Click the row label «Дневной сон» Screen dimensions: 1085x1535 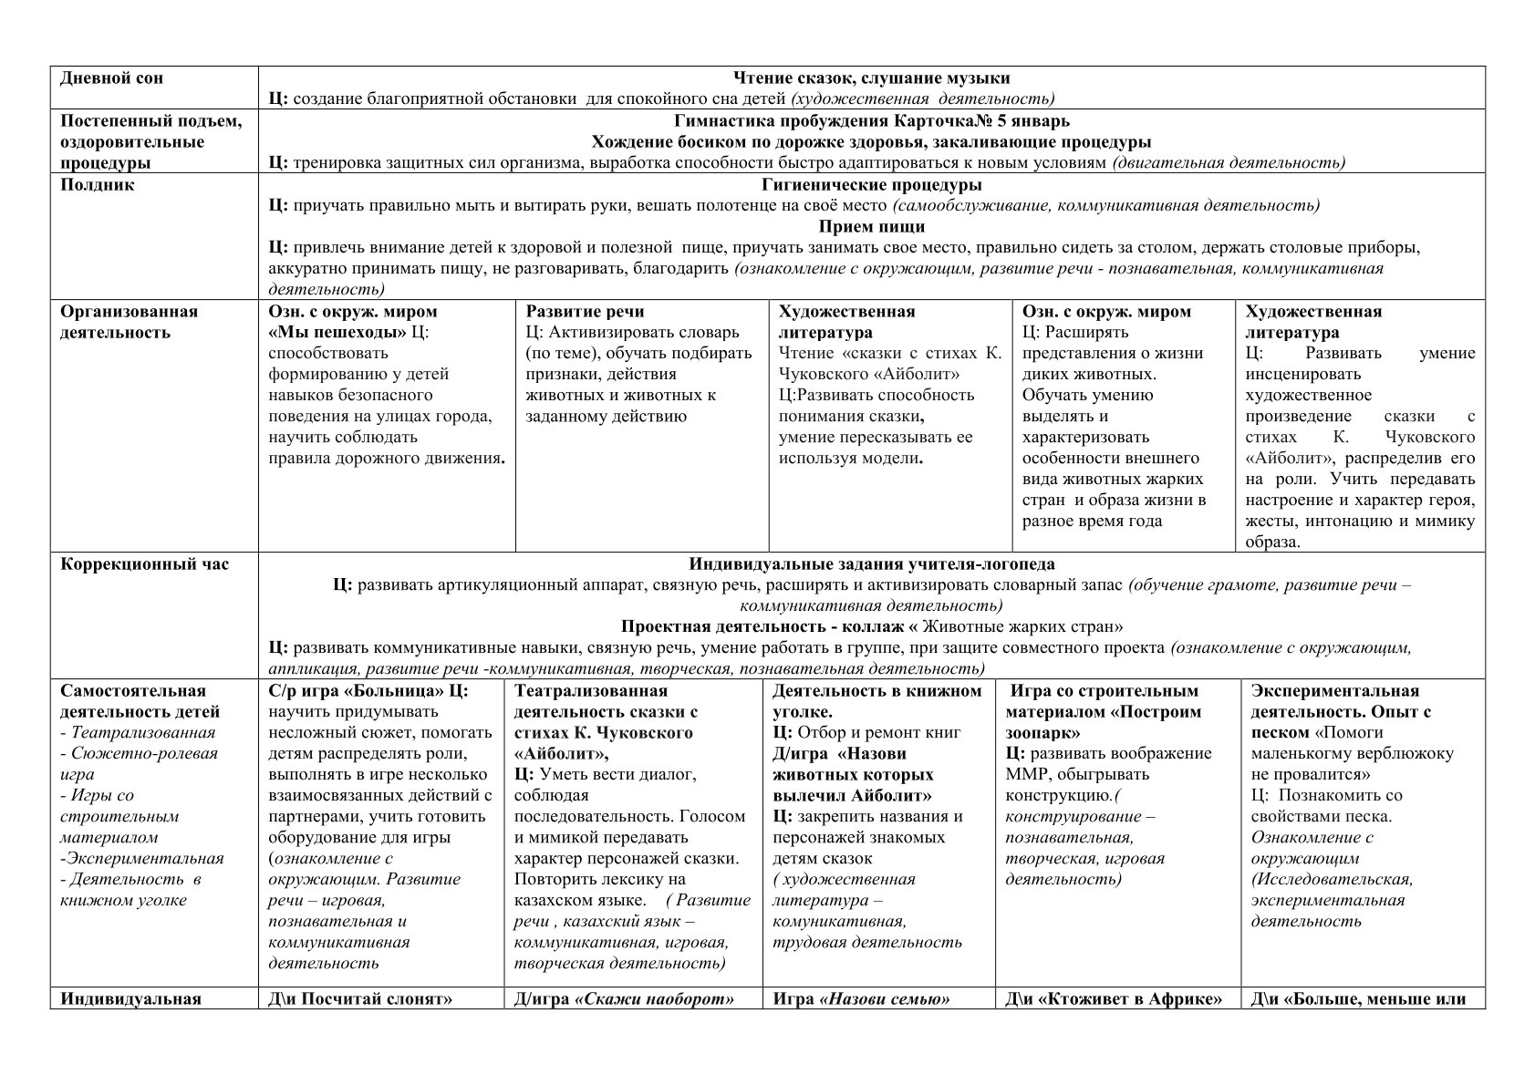(111, 78)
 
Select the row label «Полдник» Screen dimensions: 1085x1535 (97, 185)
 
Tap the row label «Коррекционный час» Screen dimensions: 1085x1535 (144, 564)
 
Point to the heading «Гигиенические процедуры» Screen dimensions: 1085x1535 (871, 185)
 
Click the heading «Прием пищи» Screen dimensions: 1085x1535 (871, 227)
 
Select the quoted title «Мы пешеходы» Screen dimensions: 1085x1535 (337, 333)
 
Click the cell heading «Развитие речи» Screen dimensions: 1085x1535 (585, 312)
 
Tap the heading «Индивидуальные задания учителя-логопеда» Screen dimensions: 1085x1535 (871, 564)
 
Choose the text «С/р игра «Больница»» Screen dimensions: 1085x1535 (354, 691)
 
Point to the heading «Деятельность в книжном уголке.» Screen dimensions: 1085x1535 (876, 701)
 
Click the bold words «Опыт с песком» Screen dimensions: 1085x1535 (1341, 722)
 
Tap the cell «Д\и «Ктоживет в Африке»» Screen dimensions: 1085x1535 (1114, 999)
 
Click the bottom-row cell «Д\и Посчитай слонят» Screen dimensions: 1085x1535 (360, 999)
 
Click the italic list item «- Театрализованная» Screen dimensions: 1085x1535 (138, 733)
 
